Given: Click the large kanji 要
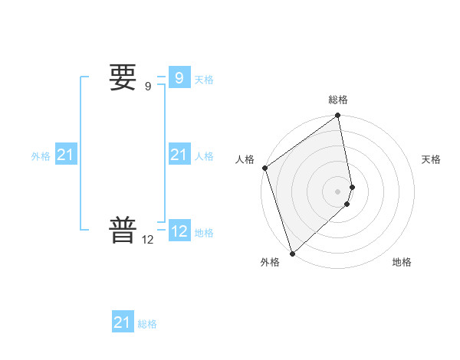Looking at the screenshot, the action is click(123, 77).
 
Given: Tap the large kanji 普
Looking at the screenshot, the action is click(123, 231).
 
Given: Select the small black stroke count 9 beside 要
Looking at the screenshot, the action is click(148, 87).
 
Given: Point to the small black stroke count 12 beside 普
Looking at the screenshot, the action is click(148, 240).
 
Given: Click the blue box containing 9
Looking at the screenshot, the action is click(179, 78).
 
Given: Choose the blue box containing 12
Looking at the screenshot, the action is click(179, 231).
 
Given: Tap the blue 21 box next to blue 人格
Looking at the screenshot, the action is click(179, 155).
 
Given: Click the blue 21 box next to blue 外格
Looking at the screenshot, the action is click(66, 155).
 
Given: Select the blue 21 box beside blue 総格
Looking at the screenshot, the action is click(122, 322).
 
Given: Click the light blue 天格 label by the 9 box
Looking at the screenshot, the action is click(204, 79).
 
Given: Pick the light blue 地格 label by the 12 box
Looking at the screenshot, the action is click(204, 233).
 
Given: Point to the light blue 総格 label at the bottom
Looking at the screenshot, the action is click(147, 324).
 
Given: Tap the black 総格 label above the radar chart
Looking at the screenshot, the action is click(338, 100).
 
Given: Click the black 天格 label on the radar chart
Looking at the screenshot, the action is click(431, 159).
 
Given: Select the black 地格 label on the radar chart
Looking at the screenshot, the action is click(402, 262).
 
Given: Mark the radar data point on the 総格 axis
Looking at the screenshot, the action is click(338, 116).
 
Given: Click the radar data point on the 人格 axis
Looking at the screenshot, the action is click(264, 168).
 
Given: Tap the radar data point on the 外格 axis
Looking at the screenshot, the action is click(292, 253).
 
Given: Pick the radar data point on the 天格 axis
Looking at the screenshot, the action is click(353, 186).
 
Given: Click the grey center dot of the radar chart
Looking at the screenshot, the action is click(338, 191).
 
